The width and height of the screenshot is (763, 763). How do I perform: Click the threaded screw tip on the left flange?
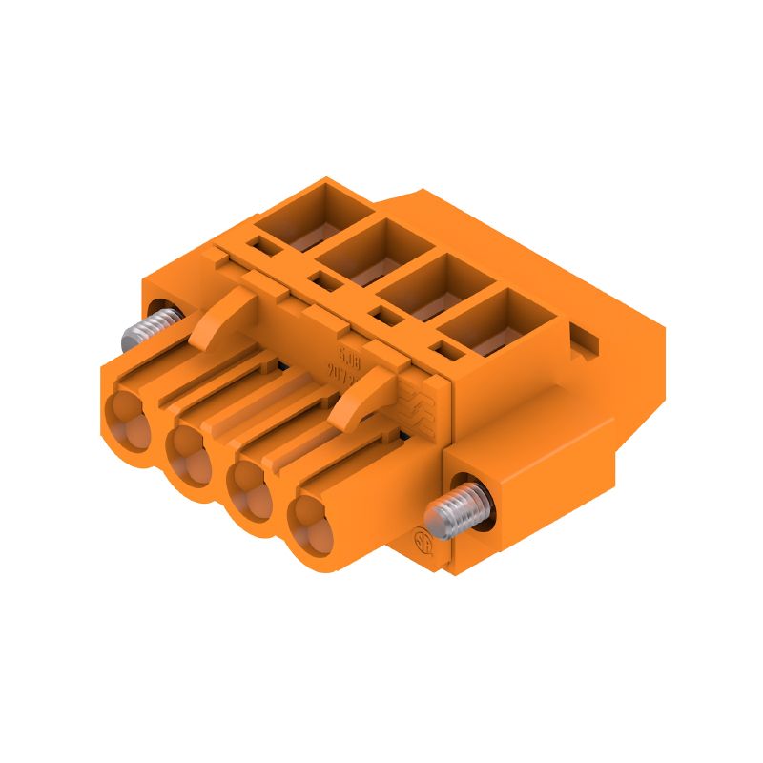tap(139, 333)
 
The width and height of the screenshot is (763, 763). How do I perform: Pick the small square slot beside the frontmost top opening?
tap(445, 350)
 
